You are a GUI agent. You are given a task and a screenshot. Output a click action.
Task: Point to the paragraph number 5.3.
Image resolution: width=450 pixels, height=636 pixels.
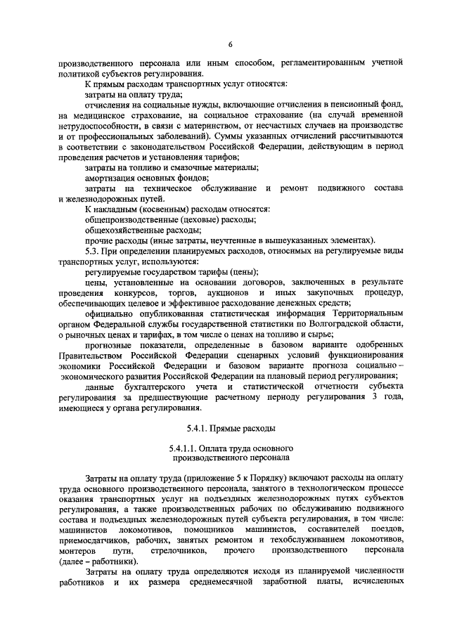click(x=93, y=250)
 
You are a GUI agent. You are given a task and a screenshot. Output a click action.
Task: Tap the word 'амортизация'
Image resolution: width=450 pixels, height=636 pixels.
click(x=110, y=177)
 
